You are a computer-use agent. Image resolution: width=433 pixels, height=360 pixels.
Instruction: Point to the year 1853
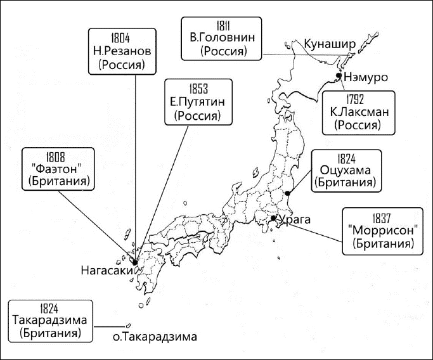(198, 87)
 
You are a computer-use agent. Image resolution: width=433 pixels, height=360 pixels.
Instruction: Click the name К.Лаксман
(358, 112)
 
